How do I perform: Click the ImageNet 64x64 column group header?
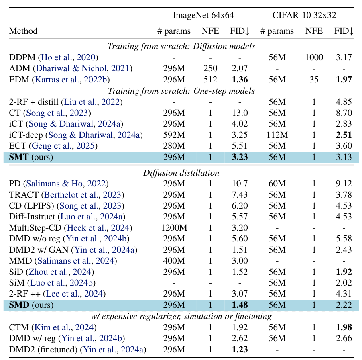(x=203, y=16)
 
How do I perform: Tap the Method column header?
(x=23, y=31)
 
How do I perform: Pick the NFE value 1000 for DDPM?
(x=314, y=57)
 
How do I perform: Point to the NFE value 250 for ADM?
(x=211, y=69)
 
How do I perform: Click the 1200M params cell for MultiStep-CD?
(x=174, y=228)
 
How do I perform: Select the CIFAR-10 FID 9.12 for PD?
(x=343, y=184)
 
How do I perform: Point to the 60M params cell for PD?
(x=277, y=184)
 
